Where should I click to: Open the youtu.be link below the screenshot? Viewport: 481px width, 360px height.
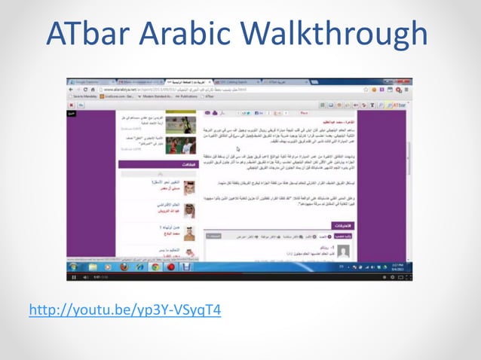[x=124, y=310]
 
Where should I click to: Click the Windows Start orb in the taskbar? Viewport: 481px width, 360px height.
[x=72, y=266]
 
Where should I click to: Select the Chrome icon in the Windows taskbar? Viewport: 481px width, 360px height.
[x=155, y=266]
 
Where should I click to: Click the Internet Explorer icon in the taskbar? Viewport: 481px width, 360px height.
[x=88, y=266]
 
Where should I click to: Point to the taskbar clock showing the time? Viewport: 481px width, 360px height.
[x=394, y=266]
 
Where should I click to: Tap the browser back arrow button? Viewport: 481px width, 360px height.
[x=71, y=88]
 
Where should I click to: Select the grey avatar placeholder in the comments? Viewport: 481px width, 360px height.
[x=343, y=249]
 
